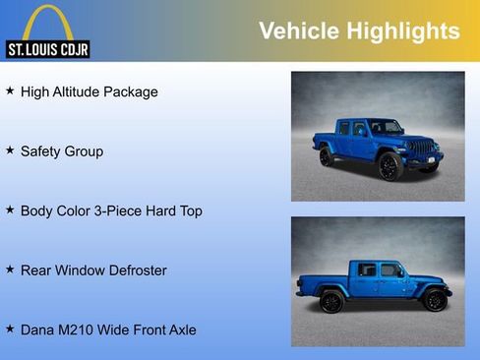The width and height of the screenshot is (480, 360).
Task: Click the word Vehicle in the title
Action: (298, 31)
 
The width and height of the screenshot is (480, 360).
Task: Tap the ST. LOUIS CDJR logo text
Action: (47, 48)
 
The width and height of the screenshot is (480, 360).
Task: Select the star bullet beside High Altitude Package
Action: (10, 90)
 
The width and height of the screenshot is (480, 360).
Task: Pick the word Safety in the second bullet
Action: (42, 151)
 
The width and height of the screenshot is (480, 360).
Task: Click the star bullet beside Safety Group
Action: (10, 150)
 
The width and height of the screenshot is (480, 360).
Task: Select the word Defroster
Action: (134, 270)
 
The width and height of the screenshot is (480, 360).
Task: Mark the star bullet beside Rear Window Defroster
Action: (10, 269)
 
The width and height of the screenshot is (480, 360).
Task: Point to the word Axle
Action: (180, 330)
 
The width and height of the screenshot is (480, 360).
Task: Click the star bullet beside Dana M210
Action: (10, 328)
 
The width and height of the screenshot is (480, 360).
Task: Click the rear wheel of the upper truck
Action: (326, 156)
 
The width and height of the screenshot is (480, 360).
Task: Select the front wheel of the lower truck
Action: (434, 299)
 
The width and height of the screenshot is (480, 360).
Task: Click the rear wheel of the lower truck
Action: (331, 300)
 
